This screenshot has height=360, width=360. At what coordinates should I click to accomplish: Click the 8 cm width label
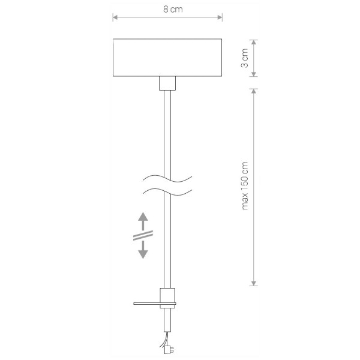click(x=173, y=10)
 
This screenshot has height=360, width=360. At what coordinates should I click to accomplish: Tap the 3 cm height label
click(x=245, y=58)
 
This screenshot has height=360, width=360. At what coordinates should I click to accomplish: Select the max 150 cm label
click(x=245, y=186)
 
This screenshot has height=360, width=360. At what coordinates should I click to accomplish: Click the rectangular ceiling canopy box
click(x=167, y=58)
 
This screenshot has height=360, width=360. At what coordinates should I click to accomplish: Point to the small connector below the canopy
click(x=167, y=83)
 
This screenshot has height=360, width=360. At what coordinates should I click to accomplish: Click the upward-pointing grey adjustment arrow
click(x=143, y=221)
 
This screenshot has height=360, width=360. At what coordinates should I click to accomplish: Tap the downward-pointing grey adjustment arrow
click(x=143, y=250)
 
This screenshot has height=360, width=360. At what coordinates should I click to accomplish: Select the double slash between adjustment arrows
click(x=143, y=236)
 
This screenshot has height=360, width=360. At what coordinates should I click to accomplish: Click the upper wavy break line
click(x=167, y=179)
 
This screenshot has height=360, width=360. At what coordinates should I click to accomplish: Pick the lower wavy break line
click(x=167, y=192)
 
